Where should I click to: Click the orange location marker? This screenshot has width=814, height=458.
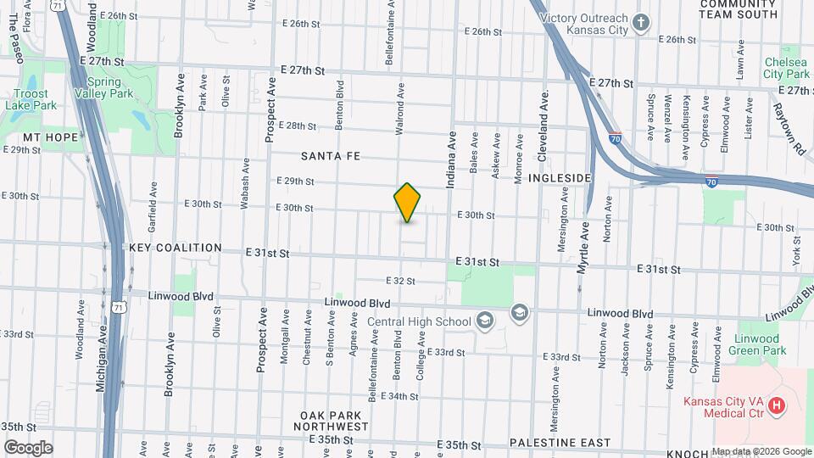click(408, 203)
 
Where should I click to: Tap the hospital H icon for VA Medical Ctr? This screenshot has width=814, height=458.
click(776, 407)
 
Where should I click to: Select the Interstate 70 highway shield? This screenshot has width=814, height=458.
click(615, 137)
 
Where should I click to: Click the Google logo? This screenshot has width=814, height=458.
click(27, 448)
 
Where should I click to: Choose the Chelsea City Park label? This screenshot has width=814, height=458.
click(786, 68)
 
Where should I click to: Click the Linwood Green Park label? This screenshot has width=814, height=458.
click(761, 344)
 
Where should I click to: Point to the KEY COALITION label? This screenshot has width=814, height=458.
click(176, 249)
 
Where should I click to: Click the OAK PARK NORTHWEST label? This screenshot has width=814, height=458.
click(333, 421)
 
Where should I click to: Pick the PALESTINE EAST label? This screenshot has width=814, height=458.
click(560, 443)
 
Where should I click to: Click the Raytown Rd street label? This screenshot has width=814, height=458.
click(788, 128)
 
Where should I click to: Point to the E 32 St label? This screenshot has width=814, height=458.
click(399, 281)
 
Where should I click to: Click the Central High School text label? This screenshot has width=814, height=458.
click(419, 321)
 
